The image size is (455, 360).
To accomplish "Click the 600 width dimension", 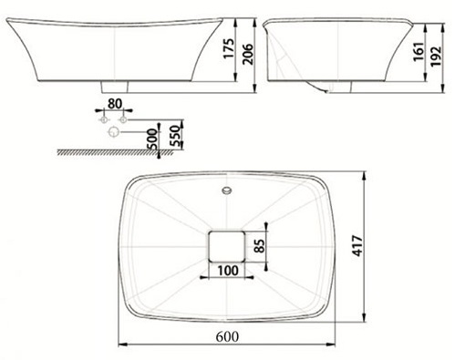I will coord(227,334).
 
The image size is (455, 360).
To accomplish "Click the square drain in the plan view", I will coord(227,244).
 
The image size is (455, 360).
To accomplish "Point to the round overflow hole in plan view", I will coord(227,192).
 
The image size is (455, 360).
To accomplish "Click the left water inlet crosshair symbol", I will coord(103,120).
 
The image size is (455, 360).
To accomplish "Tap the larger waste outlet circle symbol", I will coord(113,133).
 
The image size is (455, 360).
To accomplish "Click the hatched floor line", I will coord(119,152).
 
